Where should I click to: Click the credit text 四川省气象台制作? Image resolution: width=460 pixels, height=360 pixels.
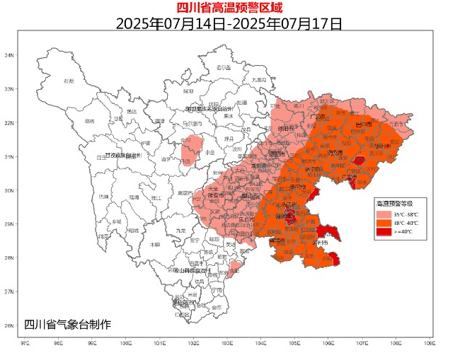[67, 325]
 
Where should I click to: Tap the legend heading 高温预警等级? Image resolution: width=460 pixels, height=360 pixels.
[401, 203]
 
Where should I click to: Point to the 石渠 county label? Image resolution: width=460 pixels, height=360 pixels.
[69, 82]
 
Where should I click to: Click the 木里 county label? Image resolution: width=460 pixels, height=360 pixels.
[155, 245]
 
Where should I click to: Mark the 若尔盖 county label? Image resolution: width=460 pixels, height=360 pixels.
[224, 67]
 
